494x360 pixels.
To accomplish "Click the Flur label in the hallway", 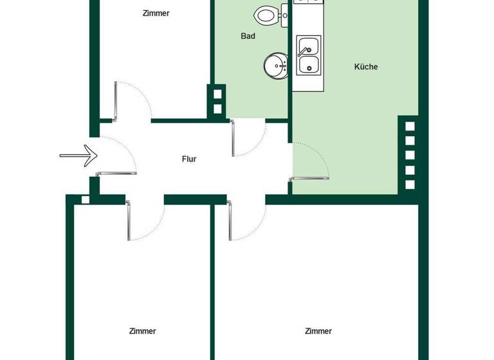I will pyautogui.click(x=188, y=159).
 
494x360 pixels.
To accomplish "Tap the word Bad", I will pyautogui.click(x=248, y=36).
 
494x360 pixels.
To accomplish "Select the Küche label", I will pyautogui.click(x=366, y=67).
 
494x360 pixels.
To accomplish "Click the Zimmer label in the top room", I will pyautogui.click(x=156, y=13).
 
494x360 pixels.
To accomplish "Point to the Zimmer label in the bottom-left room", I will pyautogui.click(x=142, y=331).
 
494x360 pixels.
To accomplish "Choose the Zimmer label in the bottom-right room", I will pyautogui.click(x=318, y=331).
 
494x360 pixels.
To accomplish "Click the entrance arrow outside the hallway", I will pyautogui.click(x=78, y=156).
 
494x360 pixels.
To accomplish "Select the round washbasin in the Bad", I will pyautogui.click(x=275, y=65).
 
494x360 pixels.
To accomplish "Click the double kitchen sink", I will pyautogui.click(x=307, y=55).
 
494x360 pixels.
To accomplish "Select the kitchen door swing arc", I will pyautogui.click(x=312, y=164).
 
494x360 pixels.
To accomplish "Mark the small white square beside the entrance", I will pyautogui.click(x=86, y=200).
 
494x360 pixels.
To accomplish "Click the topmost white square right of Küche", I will pyautogui.click(x=410, y=126).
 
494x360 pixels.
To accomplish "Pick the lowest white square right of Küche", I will pyautogui.click(x=410, y=184).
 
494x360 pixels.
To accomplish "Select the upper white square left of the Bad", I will pyautogui.click(x=217, y=95).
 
